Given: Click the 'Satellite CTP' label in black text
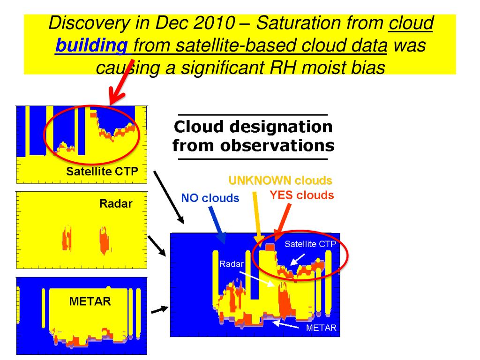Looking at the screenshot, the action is coord(102,171).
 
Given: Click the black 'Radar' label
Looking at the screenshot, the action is coord(116,204).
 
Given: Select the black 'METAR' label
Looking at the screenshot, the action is coord(90,301).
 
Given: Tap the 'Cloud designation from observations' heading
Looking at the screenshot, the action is coord(253,136).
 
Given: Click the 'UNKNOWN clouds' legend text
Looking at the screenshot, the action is coord(280,180).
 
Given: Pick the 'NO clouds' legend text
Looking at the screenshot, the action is coord(210,198).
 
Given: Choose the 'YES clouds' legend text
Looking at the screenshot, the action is coord(301,195).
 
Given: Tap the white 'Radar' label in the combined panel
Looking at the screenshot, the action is coord(232,264).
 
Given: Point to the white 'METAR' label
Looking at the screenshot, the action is coord(321,328).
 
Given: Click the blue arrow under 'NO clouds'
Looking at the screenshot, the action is coord(217,225).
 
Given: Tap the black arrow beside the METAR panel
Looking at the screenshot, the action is coord(159,309).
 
